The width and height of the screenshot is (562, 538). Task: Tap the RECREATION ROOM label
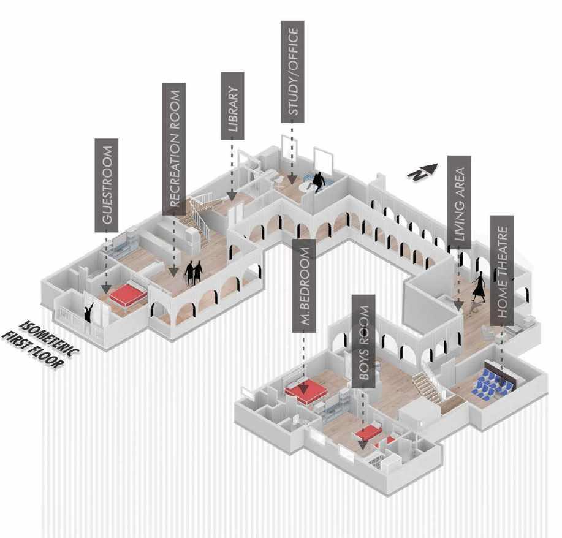174,148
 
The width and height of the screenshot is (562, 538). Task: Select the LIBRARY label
232,106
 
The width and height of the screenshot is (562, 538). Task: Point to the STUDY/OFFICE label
292,71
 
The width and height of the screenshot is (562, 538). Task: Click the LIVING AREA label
458,202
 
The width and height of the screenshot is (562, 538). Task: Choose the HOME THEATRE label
501,267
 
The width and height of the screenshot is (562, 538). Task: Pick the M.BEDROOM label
304,286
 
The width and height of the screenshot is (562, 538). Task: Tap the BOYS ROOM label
363,341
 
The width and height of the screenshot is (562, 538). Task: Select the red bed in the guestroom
128,295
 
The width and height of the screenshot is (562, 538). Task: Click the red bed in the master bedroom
306,390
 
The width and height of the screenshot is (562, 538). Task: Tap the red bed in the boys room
369,434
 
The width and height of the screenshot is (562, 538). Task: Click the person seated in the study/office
319,182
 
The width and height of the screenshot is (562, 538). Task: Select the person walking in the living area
479,287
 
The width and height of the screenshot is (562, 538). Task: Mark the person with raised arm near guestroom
90,313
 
